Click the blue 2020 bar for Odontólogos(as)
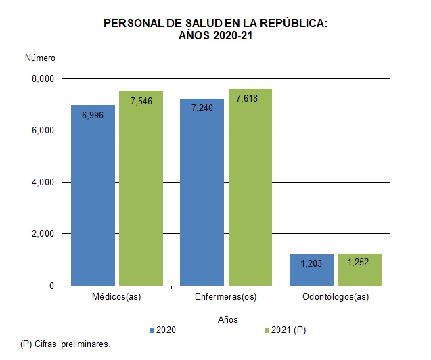pos(311,271)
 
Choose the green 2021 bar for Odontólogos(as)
pos(359,270)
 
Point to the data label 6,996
pos(93,115)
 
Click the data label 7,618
pos(250,99)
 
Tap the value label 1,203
pos(311,264)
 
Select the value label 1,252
pos(359,263)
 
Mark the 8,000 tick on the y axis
pos(42,79)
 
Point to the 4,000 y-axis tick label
pos(42,183)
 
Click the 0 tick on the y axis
pos(51,286)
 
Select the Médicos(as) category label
pos(116,297)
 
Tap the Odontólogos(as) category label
pos(335,297)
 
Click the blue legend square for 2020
pos(152,330)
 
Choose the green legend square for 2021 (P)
pos(267,330)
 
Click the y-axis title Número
pos(40,58)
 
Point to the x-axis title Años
pos(227,318)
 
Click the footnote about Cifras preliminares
pos(65,344)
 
